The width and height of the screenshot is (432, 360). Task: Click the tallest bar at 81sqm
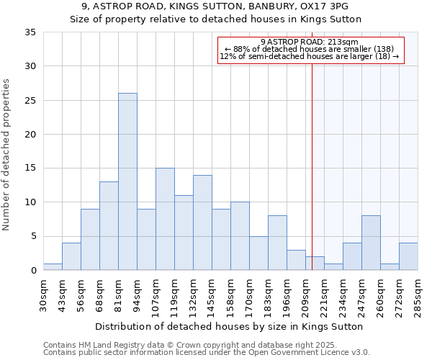point(127,181)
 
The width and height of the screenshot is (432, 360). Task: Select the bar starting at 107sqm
point(165,219)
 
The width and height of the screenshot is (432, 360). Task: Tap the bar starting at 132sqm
point(202,222)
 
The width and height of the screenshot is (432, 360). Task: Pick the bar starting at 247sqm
point(371,243)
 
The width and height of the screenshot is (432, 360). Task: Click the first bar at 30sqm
point(53,266)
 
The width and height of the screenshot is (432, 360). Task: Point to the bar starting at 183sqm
point(277,243)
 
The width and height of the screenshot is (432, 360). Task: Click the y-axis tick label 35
point(30,32)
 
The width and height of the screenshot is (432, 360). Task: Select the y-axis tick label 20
point(30,135)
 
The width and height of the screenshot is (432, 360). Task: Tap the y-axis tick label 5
point(32,236)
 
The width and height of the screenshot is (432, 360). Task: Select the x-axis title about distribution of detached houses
point(230,326)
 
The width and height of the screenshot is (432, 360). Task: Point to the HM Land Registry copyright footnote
point(184,345)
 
